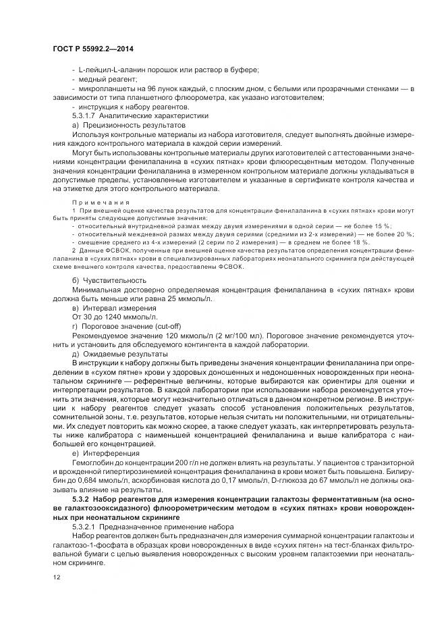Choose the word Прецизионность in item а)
coord(111,125)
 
